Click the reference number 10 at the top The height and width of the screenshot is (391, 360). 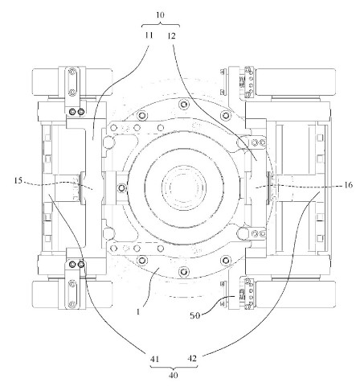[x=160, y=14]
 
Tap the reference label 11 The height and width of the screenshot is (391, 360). [x=149, y=35]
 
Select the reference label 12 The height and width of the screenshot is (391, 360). [x=171, y=35]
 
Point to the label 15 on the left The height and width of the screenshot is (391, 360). [x=18, y=181]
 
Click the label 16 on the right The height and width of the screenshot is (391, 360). [x=348, y=185]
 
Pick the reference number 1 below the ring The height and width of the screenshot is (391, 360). [x=138, y=312]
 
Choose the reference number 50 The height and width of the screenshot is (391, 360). [x=195, y=315]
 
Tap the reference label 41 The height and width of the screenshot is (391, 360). [x=154, y=359]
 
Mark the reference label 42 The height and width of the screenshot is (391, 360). [x=192, y=358]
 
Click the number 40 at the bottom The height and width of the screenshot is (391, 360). [x=174, y=375]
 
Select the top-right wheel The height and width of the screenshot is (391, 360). [x=296, y=82]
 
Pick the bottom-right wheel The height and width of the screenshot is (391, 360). [x=296, y=294]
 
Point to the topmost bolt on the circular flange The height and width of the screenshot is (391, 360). [x=184, y=103]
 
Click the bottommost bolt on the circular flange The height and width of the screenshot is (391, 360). [x=184, y=271]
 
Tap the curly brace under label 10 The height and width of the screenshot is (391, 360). [x=161, y=25]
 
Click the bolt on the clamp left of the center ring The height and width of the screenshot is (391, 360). [x=122, y=187]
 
